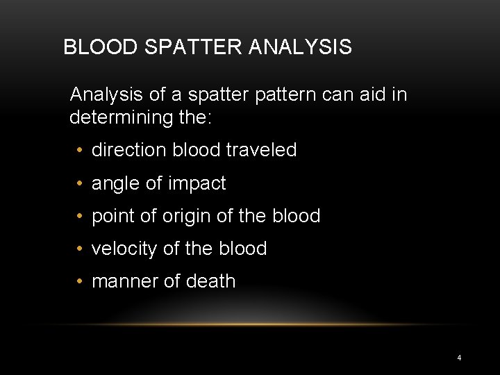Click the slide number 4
tap(459, 358)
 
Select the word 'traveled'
tap(262, 150)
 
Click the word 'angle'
tap(115, 183)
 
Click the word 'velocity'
tap(124, 249)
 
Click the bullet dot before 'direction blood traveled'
tap(81, 151)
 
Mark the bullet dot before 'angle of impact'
tap(81, 184)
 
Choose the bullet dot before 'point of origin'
tap(81, 217)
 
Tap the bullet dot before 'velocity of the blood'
tap(81, 249)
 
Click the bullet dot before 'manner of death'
tap(81, 282)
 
